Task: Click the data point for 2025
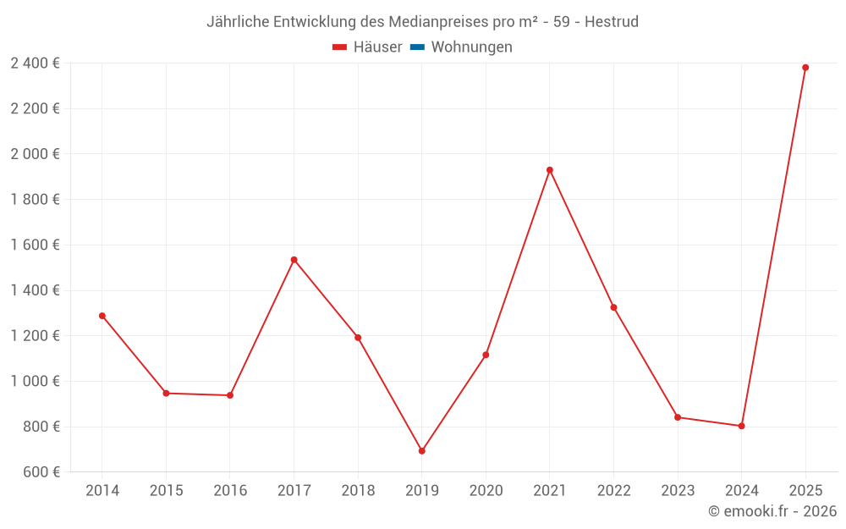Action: (805, 68)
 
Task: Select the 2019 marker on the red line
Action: (422, 451)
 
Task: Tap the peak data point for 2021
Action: (550, 170)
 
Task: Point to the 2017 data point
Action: (294, 260)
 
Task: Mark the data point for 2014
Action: (102, 316)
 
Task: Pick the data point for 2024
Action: (741, 426)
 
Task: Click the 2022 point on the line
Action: (613, 307)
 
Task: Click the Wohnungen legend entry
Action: (471, 47)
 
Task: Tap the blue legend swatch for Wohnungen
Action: (417, 47)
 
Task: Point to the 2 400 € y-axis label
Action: (35, 63)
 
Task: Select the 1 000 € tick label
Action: (35, 381)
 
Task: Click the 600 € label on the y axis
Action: (40, 471)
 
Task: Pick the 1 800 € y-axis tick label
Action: (35, 199)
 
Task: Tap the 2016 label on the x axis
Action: (230, 491)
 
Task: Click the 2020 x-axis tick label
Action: (486, 491)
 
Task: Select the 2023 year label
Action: (678, 491)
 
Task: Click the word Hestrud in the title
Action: (612, 21)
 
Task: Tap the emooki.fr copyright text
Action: (772, 511)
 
